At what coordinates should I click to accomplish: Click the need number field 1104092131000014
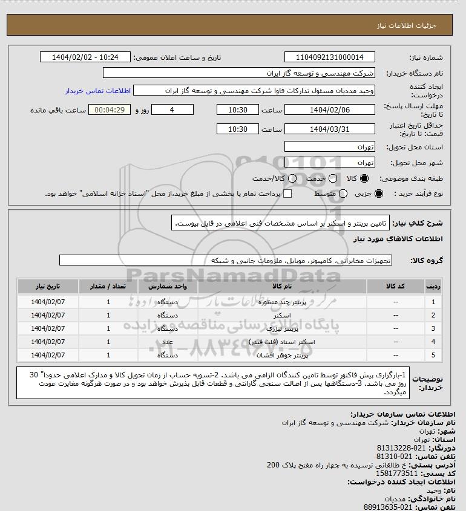(329, 57)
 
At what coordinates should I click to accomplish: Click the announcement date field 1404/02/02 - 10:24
(85, 57)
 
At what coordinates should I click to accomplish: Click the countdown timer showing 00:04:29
(110, 110)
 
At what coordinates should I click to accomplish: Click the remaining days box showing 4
(172, 110)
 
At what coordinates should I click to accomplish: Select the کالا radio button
(364, 179)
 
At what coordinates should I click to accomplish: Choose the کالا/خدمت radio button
(294, 179)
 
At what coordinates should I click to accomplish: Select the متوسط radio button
(343, 194)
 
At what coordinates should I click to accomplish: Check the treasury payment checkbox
(287, 194)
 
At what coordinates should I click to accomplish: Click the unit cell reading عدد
(168, 342)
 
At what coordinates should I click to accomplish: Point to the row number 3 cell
(433, 328)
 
